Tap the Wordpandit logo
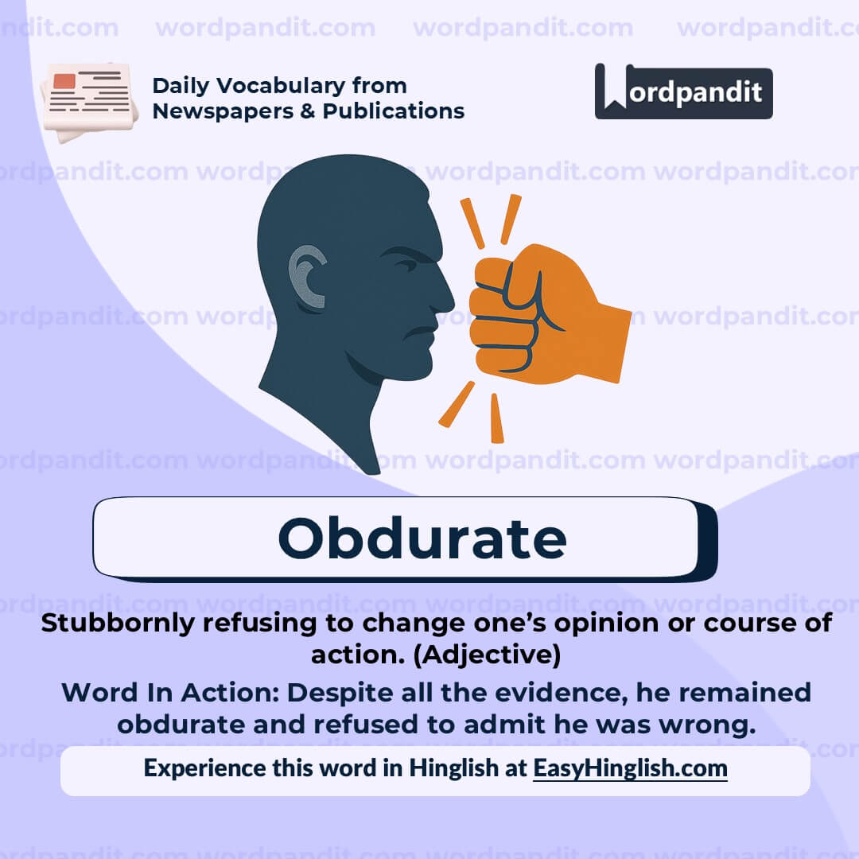tap(683, 92)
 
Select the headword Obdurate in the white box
tap(422, 538)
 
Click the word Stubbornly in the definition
tap(119, 623)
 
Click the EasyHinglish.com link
tap(630, 768)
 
